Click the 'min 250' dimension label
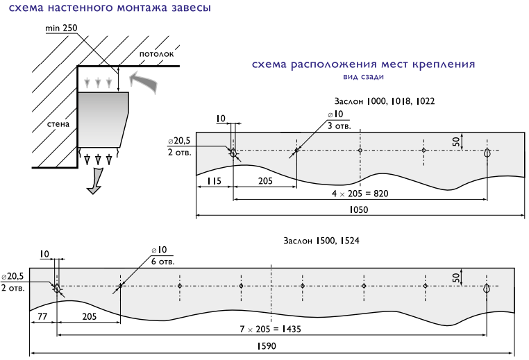(x=61, y=28)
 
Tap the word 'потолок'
(x=156, y=54)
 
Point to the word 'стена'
(x=58, y=124)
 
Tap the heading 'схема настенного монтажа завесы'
(x=110, y=8)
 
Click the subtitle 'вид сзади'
(x=363, y=77)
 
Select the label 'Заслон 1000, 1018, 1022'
(x=385, y=101)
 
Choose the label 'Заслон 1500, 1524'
(x=321, y=241)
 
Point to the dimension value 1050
(x=359, y=209)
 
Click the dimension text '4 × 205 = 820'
(x=360, y=194)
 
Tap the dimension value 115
(x=214, y=181)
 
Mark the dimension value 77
(x=42, y=316)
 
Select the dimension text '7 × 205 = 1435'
(x=270, y=329)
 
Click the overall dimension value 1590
(x=267, y=346)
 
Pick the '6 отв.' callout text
(x=162, y=262)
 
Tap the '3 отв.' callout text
(x=339, y=126)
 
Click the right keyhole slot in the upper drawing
(x=487, y=153)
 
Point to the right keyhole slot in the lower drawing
(x=487, y=288)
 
